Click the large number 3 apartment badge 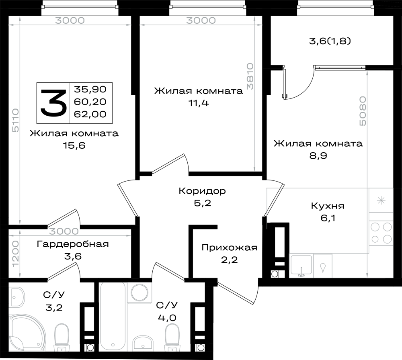coord(53,103)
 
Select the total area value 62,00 coord(90,114)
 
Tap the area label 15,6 coord(74,145)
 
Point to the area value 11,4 coord(199,103)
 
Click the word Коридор coord(202,191)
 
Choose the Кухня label coord(328,206)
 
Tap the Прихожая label coord(230,247)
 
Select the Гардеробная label coord(73,244)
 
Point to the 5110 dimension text coord(16,120)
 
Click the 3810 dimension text coord(250,76)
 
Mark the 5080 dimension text coord(363,111)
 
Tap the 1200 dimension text coord(16,254)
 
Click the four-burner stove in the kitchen coord(381,233)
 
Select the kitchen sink coord(301,266)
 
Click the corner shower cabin coord(27,333)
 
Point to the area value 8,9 coord(318,155)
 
